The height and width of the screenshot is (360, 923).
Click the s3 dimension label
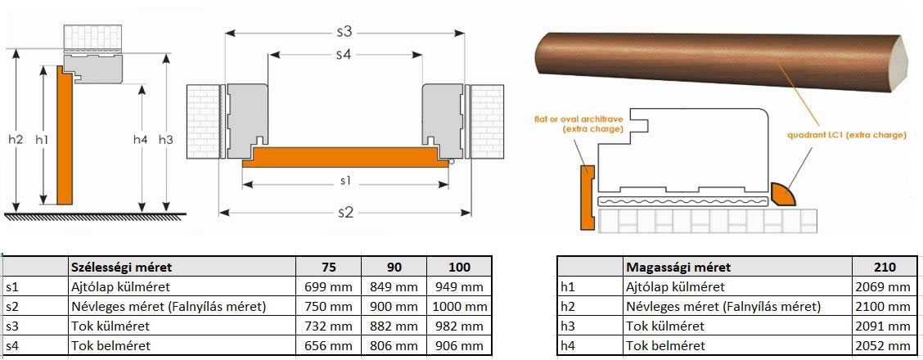pyautogui.click(x=344, y=33)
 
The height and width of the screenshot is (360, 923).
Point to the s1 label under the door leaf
pyautogui.click(x=345, y=182)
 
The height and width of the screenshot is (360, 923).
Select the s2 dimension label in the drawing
pyautogui.click(x=345, y=213)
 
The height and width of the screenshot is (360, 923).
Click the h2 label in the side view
pyautogui.click(x=16, y=139)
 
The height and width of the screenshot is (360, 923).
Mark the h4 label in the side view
pyautogui.click(x=140, y=139)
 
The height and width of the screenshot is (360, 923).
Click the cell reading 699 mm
pyautogui.click(x=328, y=287)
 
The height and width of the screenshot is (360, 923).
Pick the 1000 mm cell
pyautogui.click(x=459, y=307)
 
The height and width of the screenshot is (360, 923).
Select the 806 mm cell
pyautogui.click(x=394, y=346)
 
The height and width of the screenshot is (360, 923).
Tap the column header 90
pyautogui.click(x=394, y=268)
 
